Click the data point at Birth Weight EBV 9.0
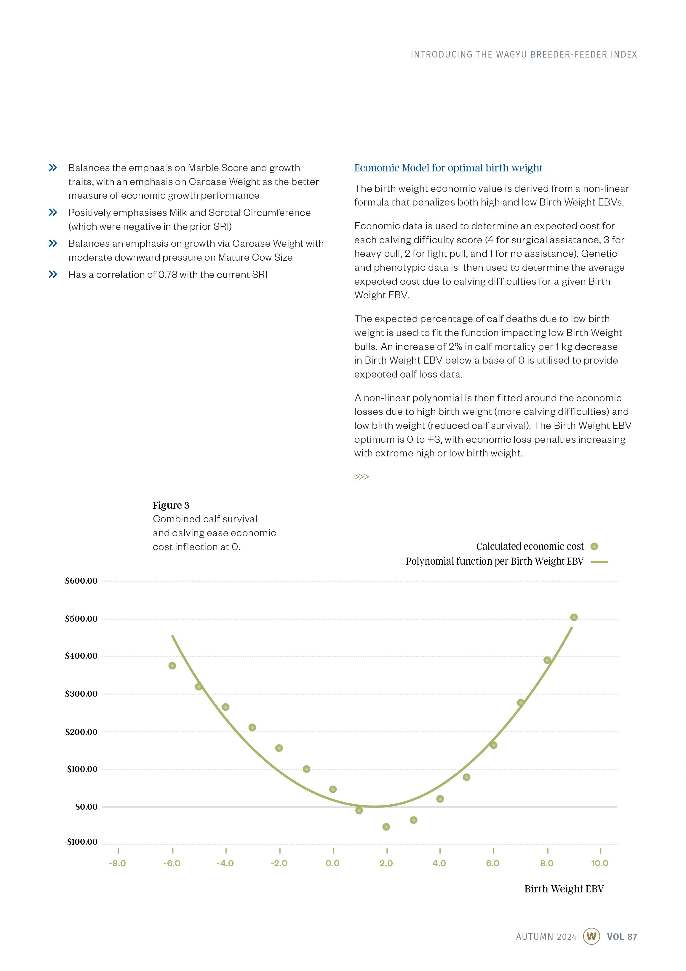574,617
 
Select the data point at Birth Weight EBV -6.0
172,666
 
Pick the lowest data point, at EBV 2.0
386,827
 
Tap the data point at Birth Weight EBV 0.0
333,789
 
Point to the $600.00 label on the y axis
81,581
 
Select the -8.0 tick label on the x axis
118,863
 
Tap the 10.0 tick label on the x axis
599,863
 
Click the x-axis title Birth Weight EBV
564,889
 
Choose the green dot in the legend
594,546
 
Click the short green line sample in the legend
599,562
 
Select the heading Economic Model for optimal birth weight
448,168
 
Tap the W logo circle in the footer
591,936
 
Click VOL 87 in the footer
622,937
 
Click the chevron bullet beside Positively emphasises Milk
53,212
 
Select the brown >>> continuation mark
362,477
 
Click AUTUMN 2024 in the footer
546,937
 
